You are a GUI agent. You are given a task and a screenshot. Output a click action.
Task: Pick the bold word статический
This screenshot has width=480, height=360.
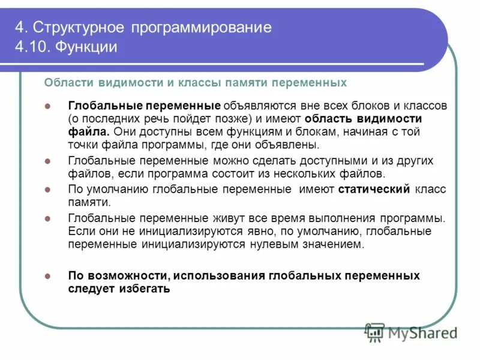pos(374,190)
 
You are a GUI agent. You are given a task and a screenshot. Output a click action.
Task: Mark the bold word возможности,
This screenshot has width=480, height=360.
pos(129,276)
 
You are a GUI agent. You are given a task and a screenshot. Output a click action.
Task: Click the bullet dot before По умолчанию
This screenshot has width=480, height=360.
pos(48,190)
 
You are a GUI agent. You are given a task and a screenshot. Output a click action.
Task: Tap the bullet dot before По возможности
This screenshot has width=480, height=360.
pos(48,277)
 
